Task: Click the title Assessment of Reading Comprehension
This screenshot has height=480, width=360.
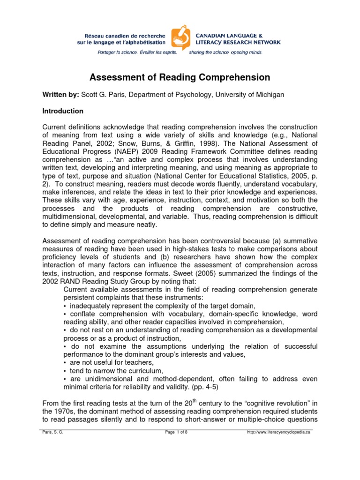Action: [180, 77]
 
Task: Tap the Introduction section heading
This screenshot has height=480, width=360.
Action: [63, 111]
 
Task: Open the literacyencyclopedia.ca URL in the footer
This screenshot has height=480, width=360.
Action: [278, 432]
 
